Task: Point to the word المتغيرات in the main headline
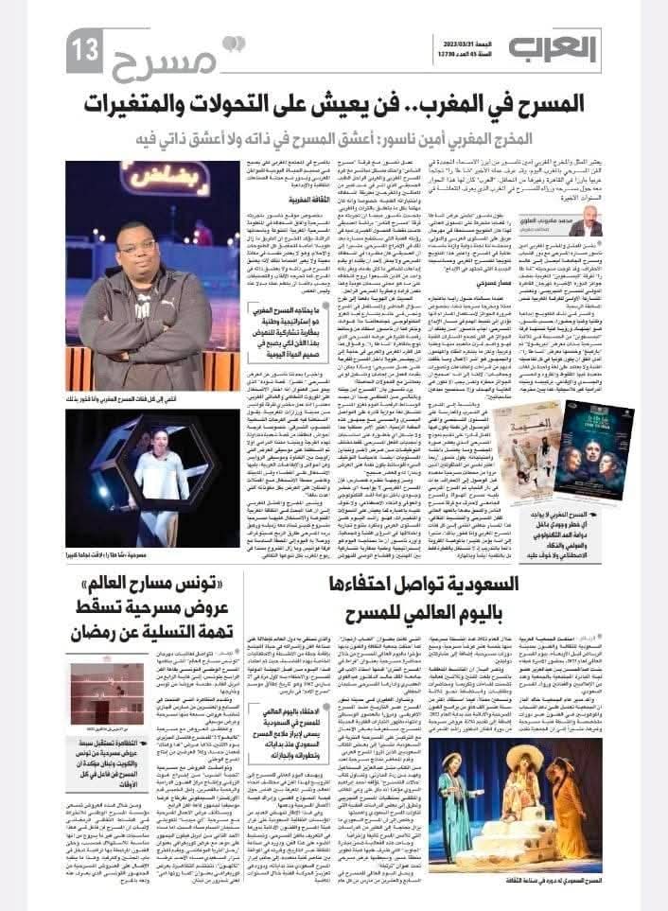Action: pyautogui.click(x=177, y=103)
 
